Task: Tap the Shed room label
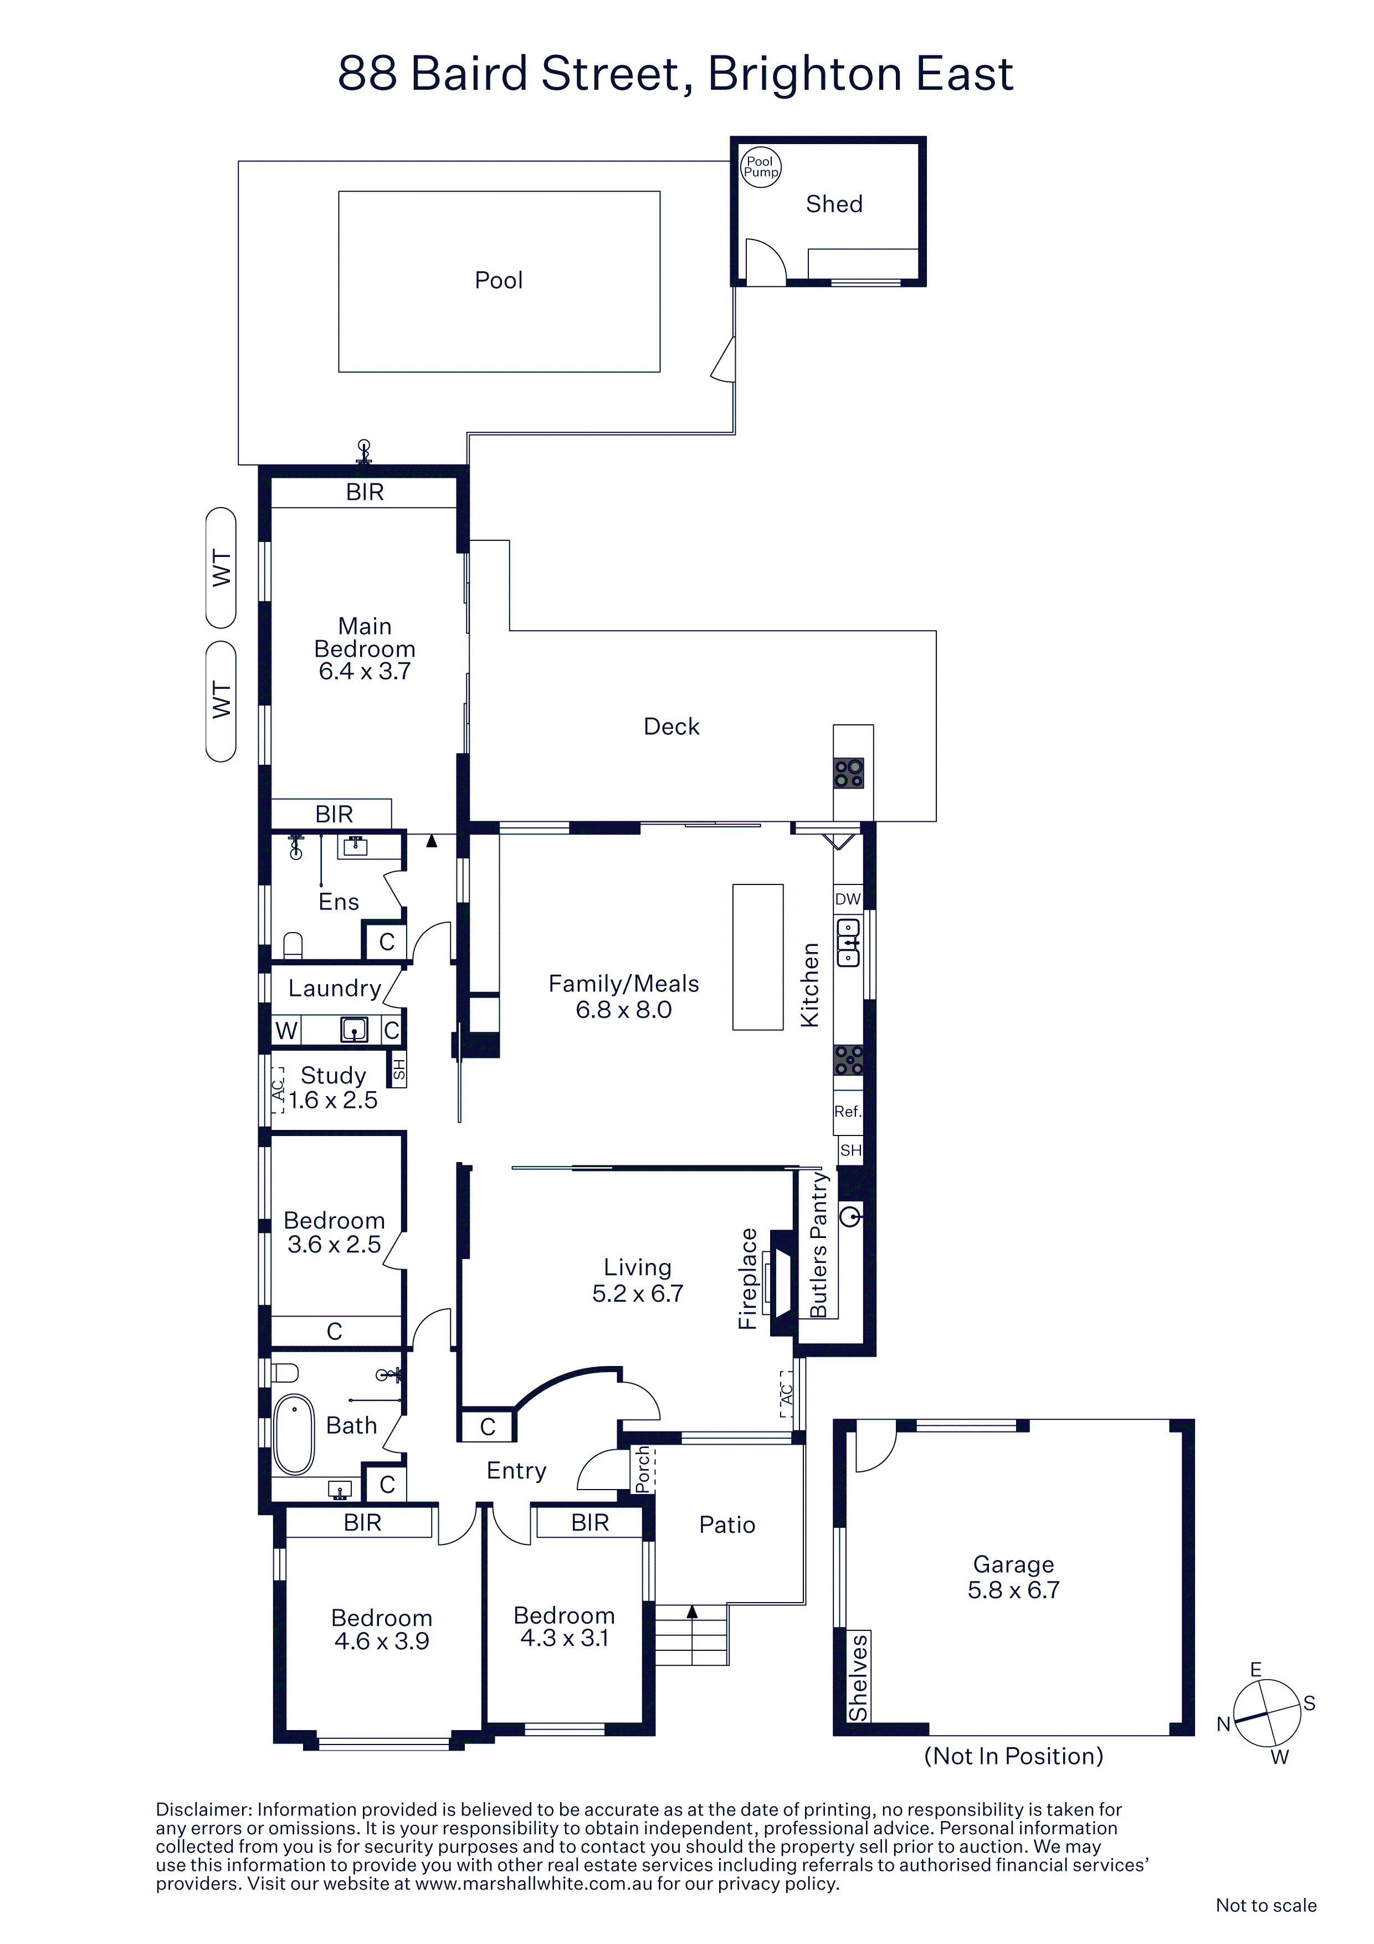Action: pos(834,204)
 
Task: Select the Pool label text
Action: pos(499,280)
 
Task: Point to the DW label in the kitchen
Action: pos(848,899)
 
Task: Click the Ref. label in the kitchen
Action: pos(848,1111)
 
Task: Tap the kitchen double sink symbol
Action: pos(848,943)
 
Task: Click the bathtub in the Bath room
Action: pos(294,1434)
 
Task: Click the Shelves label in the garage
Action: pos(858,1677)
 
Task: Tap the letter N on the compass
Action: pos(1223,1724)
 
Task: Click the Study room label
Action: pos(334,1075)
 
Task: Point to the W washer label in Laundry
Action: pos(286,1030)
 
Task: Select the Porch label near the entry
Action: pos(643,1469)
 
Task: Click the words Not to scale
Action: pos(1265,1905)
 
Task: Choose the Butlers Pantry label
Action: pos(818,1246)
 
